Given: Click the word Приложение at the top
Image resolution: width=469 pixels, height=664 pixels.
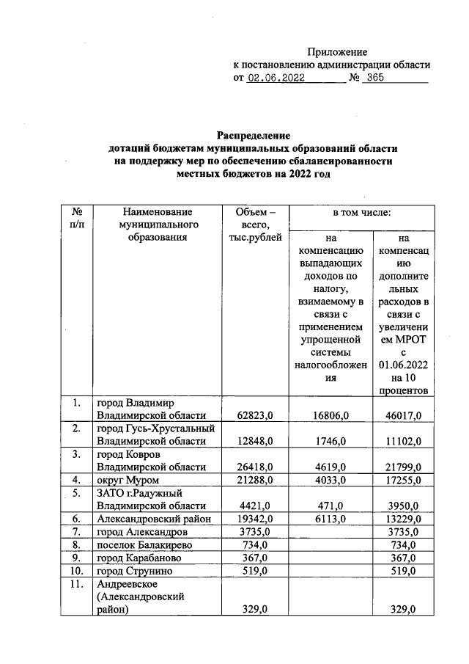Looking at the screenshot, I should [x=337, y=51].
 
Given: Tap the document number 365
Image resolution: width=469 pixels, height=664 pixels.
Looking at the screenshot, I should [x=374, y=79].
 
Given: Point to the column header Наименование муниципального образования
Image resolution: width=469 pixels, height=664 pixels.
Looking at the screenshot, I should [x=152, y=224].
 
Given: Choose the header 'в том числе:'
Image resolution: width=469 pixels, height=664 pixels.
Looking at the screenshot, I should [x=361, y=212].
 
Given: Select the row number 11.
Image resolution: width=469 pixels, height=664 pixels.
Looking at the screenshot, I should [x=75, y=584].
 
